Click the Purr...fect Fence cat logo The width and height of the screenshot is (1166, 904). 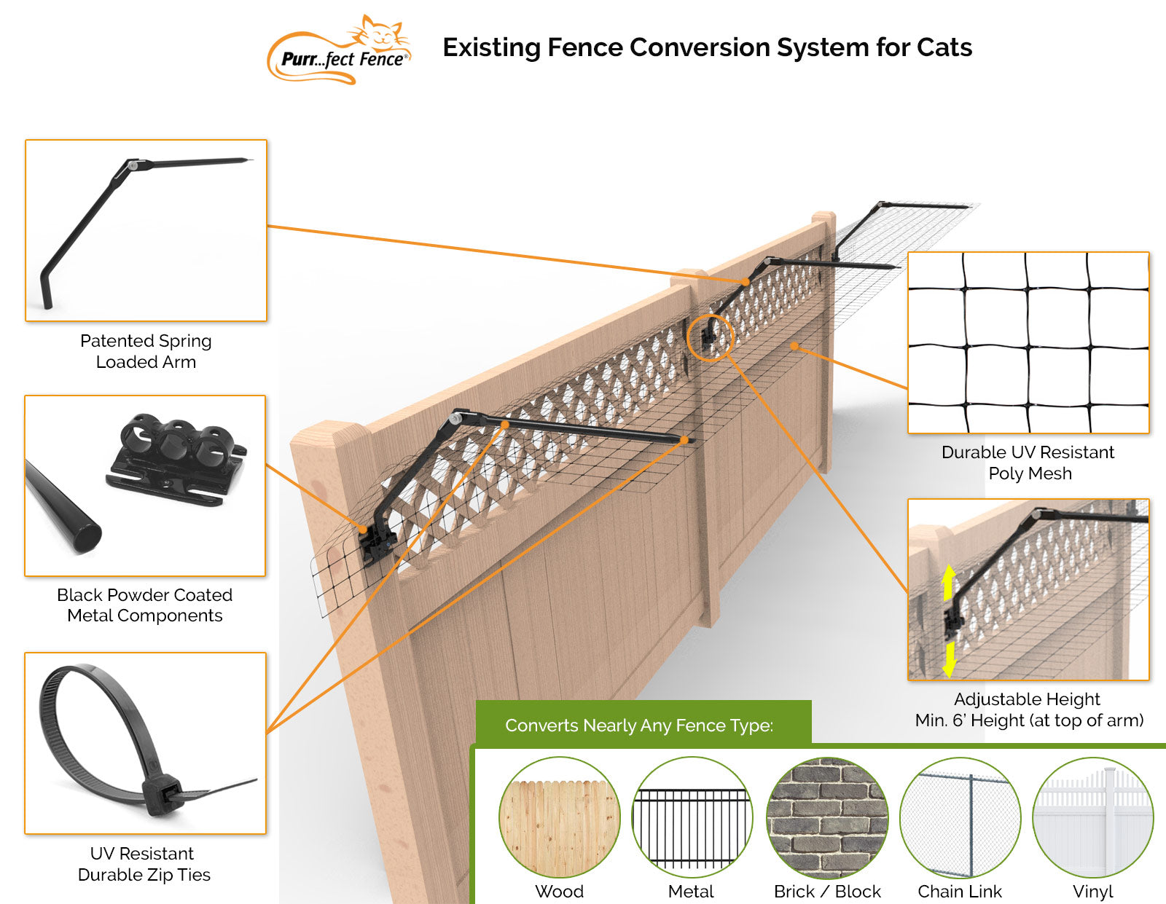pos(340,50)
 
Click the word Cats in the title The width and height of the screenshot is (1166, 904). pos(944,47)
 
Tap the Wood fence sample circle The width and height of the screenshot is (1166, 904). pos(559,817)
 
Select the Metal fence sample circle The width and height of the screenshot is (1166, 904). pos(691,817)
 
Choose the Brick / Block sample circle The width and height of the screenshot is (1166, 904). pos(827,817)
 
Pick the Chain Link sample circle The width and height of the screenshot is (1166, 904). pos(960,817)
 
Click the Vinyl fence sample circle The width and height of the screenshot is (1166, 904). pos(1092,817)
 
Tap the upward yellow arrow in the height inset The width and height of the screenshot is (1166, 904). pos(948,582)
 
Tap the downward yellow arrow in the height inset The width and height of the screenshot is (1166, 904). pos(949,659)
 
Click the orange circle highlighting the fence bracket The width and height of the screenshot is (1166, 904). pos(711,337)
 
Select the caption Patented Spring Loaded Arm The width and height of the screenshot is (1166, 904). pos(146,351)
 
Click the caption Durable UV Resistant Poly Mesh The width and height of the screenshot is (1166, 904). pos(1028,463)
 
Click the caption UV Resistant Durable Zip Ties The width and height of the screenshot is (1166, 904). pos(144,864)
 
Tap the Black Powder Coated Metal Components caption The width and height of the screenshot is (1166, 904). pos(144,605)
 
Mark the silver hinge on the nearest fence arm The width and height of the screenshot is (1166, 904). pos(456,418)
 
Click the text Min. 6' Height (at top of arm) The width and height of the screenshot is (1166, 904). pos(1029,720)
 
